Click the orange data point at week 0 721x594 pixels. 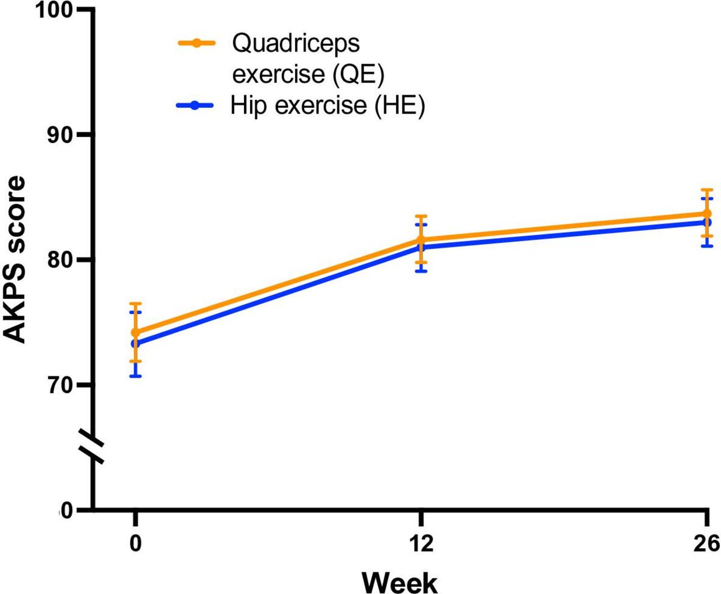136,332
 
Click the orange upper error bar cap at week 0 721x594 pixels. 136,304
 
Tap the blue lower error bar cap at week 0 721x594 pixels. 136,376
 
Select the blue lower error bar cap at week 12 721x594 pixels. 421,271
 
